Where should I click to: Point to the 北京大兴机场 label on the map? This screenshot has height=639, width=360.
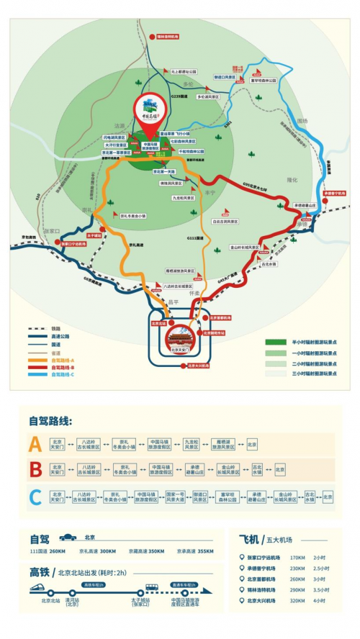point(198,366)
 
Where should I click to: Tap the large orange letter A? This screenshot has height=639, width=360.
point(33,444)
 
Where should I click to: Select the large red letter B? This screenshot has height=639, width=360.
point(33,471)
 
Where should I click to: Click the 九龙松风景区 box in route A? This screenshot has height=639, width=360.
point(191,444)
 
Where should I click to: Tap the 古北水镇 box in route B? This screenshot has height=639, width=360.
point(257,471)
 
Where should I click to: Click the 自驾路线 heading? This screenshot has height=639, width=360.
point(50,420)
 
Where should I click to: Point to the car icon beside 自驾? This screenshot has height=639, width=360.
point(67,538)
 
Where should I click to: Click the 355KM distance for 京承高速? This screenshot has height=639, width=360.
point(205,551)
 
